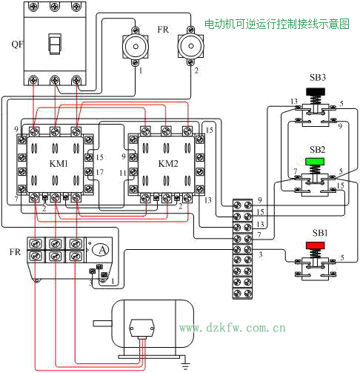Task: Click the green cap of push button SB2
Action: point(315,162)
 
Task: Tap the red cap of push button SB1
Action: point(316,245)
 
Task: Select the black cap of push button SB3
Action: point(316,92)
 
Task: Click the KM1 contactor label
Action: point(59,163)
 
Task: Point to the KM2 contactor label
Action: point(168,163)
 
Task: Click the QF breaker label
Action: point(17,44)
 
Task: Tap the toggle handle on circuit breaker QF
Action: point(55,44)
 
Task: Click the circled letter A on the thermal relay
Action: point(102,250)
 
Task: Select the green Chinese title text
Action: point(277,24)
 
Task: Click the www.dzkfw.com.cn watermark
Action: point(233,328)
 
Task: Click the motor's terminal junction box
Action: point(141,328)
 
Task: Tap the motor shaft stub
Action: point(102,323)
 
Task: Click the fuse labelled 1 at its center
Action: point(136,47)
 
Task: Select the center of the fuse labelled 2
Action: point(190,46)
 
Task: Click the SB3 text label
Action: point(318,78)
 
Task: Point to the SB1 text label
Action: point(320,233)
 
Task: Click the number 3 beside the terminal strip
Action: point(260,254)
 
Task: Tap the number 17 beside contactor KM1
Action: point(99,172)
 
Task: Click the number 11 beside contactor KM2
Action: point(123,173)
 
